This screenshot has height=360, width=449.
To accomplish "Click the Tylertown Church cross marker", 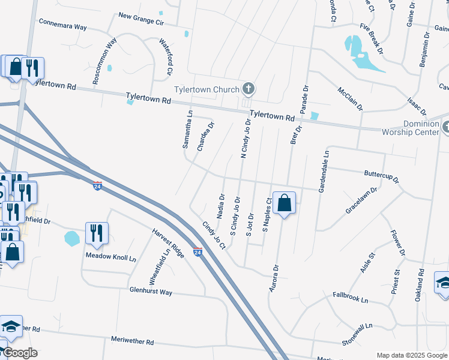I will [x=249, y=89].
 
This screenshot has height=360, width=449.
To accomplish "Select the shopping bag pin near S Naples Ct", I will [x=285, y=204].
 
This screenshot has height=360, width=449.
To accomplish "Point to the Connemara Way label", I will [x=63, y=26].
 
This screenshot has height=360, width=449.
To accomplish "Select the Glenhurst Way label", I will [x=151, y=292].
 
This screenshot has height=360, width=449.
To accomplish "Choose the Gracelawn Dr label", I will [x=361, y=201].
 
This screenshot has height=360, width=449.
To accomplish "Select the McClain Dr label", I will [x=350, y=99].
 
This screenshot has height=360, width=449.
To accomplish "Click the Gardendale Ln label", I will [x=325, y=171].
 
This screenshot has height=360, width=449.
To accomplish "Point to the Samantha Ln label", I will [x=187, y=129].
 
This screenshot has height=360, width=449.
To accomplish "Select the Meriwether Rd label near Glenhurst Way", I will [x=133, y=341].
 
